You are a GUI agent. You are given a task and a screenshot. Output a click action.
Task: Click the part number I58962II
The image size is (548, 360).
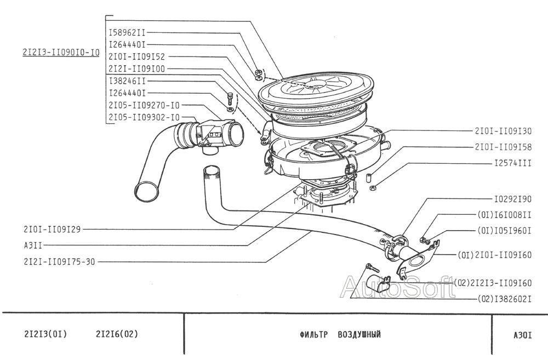(x=127, y=33)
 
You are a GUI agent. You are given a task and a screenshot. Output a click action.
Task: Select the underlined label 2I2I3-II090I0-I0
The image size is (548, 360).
(x=61, y=53)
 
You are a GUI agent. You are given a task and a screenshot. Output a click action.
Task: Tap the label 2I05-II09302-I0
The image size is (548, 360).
(x=144, y=117)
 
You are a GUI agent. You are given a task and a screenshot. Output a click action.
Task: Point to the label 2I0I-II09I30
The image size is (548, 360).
(x=503, y=131)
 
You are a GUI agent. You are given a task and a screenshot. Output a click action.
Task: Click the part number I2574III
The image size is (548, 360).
(x=513, y=163)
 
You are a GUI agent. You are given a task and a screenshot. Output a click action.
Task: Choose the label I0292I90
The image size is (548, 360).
(x=513, y=199)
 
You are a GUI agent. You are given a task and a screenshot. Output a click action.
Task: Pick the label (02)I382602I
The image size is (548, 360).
(x=505, y=299)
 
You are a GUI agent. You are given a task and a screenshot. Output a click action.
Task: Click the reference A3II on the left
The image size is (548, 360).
(x=33, y=245)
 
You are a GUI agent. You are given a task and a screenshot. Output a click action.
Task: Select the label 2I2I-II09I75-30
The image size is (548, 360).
(x=59, y=261)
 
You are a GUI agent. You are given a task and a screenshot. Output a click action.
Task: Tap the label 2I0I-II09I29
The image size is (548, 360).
(x=52, y=229)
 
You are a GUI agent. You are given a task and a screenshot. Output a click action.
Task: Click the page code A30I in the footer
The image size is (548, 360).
(x=522, y=335)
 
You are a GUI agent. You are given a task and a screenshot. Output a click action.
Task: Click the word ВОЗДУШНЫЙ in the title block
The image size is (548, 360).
(x=359, y=334)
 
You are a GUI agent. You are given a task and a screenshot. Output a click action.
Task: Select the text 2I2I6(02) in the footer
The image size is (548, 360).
(x=117, y=334)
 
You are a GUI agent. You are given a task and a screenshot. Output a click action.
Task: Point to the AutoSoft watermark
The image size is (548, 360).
(x=398, y=287)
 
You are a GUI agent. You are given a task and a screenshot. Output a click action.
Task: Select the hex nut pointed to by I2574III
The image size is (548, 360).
(x=373, y=188)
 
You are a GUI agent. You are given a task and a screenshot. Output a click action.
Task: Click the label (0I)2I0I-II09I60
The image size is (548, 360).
(x=494, y=255)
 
